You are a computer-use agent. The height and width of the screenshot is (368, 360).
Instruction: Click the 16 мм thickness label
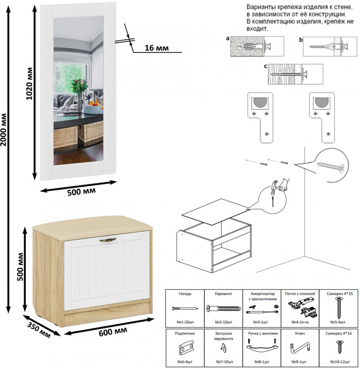156,48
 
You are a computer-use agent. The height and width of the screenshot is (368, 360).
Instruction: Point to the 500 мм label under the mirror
82,191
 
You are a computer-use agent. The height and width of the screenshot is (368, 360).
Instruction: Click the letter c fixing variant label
265,66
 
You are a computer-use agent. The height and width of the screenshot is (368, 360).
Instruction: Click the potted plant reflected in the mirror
79,87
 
